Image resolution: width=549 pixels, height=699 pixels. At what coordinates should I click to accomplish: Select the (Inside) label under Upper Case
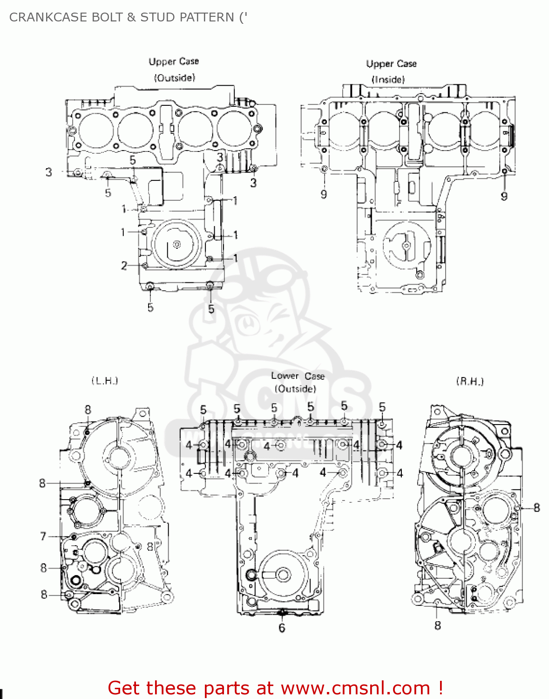388,80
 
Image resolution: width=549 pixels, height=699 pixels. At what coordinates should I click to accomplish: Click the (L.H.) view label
105,381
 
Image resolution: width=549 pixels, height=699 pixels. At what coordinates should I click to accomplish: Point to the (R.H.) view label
470,382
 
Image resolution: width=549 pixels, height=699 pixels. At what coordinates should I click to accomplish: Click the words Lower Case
298,376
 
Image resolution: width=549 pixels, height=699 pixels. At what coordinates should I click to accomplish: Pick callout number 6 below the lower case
282,628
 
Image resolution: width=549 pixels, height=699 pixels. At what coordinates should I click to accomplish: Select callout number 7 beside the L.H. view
43,536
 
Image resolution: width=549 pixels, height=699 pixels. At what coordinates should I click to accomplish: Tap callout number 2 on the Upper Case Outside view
124,266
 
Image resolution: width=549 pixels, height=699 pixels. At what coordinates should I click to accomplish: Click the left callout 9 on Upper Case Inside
324,194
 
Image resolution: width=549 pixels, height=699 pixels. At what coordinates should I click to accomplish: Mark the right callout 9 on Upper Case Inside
504,196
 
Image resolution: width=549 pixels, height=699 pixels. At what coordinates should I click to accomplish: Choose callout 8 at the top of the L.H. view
88,410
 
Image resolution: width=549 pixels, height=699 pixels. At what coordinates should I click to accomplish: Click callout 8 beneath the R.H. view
437,625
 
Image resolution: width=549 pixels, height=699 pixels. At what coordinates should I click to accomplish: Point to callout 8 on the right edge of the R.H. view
536,507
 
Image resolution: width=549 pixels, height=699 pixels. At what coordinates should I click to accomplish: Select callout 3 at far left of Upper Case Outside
49,172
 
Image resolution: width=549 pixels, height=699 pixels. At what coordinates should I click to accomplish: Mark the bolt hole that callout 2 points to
145,266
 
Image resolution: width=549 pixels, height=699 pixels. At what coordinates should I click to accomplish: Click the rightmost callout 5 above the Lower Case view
382,407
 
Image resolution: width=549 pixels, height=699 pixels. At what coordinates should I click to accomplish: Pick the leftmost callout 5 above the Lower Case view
203,410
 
